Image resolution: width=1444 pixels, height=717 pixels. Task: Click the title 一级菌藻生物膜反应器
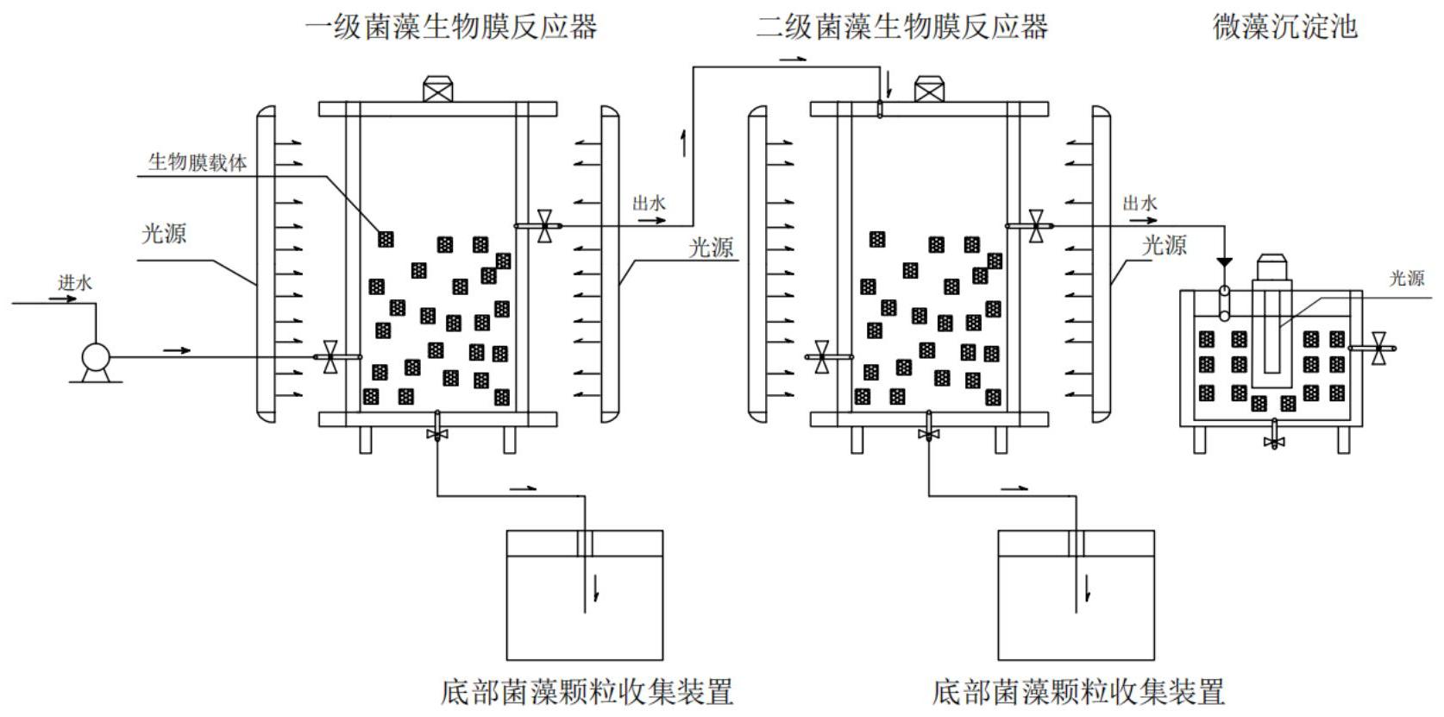coord(450,27)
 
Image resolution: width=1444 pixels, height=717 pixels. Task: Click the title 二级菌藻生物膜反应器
coord(902,27)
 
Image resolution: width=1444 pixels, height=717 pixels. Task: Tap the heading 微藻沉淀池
coord(1285,27)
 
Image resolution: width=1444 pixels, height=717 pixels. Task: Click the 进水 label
coord(75,283)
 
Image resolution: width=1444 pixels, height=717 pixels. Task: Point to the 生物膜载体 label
coord(198,162)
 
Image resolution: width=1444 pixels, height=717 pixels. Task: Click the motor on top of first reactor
coord(438,90)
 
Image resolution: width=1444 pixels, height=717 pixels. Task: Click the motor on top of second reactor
coord(929,90)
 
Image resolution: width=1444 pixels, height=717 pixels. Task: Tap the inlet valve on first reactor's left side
coord(329,357)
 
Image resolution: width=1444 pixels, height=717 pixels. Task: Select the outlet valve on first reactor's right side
coord(544,226)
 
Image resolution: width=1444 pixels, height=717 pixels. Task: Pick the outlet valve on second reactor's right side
coord(1036,226)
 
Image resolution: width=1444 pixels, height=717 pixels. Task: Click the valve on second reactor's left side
coord(822,357)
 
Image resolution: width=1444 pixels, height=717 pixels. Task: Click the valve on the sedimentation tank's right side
coord(1378,348)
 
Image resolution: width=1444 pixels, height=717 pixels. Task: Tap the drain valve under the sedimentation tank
coord(1274,441)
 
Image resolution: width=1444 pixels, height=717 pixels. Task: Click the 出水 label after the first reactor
coord(649,204)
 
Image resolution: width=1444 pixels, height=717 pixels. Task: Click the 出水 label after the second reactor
coord(1140,204)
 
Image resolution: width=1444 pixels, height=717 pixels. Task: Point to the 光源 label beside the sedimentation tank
coord(1407,279)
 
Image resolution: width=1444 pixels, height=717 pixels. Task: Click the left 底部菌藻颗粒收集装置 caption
coord(587,692)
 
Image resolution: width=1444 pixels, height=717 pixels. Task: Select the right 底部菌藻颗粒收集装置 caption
coord(1078,692)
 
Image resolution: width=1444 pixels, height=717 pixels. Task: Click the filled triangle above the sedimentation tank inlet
coord(1224,261)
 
